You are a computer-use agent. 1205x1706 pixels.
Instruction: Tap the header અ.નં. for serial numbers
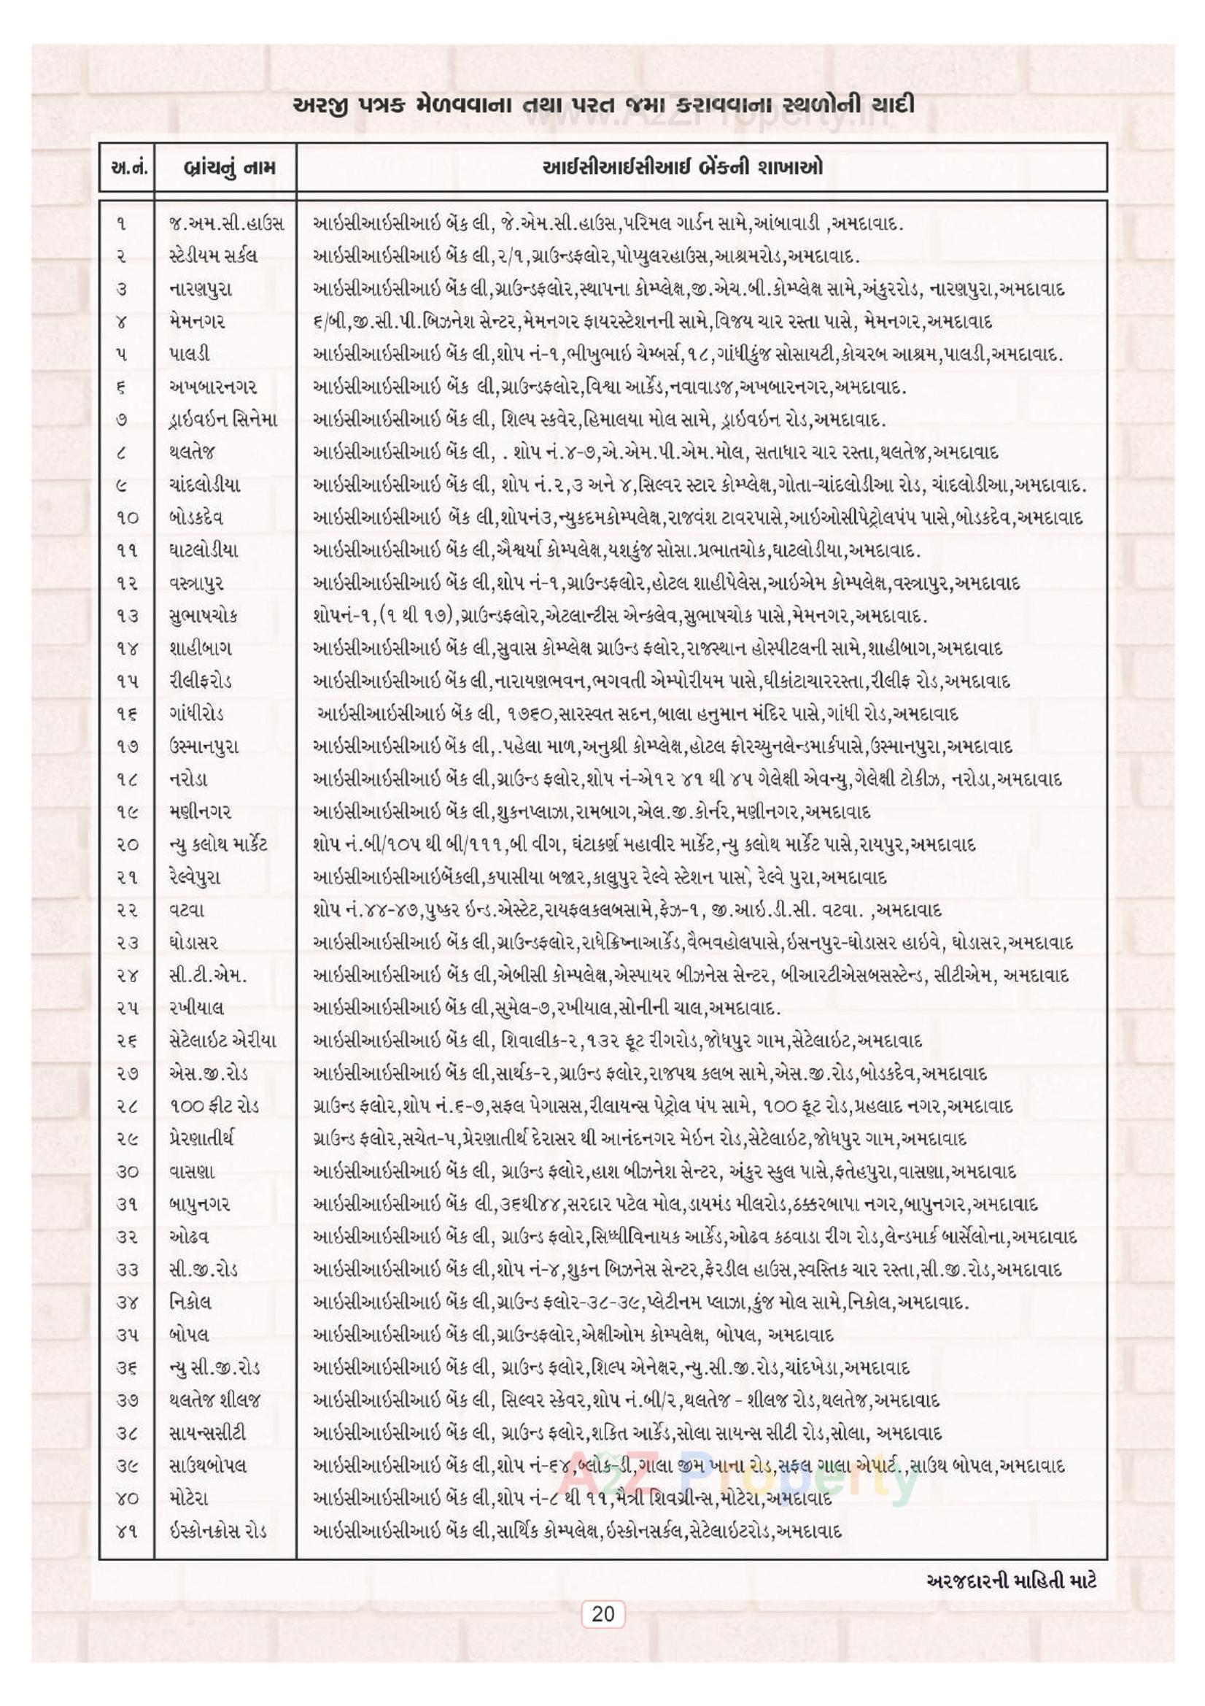(x=126, y=167)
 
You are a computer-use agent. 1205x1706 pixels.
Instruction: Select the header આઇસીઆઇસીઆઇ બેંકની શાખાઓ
(x=683, y=166)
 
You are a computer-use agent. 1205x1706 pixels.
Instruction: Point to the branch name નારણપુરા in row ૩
(x=200, y=289)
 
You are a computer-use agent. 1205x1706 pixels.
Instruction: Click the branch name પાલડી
(x=190, y=355)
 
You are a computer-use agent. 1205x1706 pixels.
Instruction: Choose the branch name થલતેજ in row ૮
(x=192, y=452)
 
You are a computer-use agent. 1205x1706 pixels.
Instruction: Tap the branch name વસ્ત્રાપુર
(x=195, y=582)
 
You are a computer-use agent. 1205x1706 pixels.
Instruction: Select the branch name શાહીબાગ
(x=200, y=648)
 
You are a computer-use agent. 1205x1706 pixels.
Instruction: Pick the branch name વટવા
(x=187, y=909)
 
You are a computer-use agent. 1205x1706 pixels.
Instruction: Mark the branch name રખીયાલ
(x=196, y=1008)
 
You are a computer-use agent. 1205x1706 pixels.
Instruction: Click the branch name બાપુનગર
(x=199, y=1203)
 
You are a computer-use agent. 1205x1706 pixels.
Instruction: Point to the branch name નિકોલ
(x=190, y=1301)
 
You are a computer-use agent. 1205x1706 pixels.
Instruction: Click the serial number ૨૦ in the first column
(x=125, y=844)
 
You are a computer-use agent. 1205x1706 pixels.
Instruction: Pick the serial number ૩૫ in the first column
(x=125, y=1334)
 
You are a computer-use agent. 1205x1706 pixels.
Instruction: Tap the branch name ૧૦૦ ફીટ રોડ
(x=214, y=1105)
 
